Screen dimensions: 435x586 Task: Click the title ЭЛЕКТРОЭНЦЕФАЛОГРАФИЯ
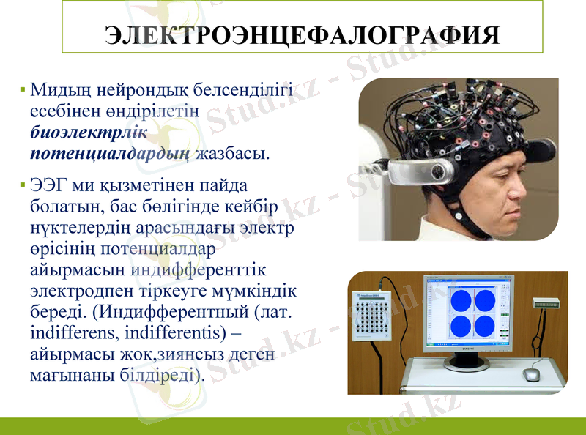click(303, 35)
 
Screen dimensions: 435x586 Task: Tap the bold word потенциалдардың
click(110, 154)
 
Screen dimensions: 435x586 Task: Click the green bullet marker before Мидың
click(23, 92)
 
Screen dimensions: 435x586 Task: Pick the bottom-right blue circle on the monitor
click(484, 324)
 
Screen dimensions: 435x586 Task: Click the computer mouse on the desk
click(531, 374)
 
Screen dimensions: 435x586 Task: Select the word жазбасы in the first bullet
click(233, 154)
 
